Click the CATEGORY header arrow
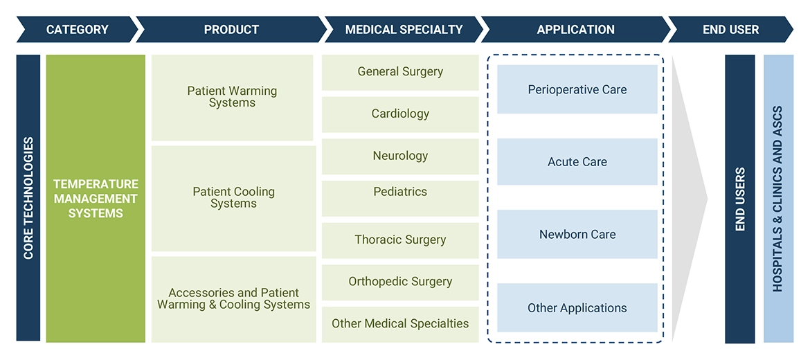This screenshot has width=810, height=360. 77,30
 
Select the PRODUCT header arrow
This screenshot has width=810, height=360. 231,30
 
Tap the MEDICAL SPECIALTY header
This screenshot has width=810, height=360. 404,30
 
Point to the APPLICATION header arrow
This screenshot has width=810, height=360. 575,30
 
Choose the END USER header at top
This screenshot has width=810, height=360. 730,30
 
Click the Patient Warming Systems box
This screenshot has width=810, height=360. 233,97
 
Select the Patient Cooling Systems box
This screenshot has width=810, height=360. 233,198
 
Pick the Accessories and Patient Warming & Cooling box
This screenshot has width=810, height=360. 233,299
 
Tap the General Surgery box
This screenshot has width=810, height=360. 400,72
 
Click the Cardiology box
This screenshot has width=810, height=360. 400,114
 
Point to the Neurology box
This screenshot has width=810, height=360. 400,156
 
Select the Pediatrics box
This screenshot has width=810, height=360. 400,192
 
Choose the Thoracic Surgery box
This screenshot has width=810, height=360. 400,240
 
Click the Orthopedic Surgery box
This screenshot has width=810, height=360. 400,282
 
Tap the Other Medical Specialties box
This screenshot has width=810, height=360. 400,324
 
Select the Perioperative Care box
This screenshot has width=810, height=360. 577,89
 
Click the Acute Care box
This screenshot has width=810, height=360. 577,162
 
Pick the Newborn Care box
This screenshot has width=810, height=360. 577,235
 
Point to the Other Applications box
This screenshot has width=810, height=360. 577,308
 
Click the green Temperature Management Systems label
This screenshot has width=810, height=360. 96,199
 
